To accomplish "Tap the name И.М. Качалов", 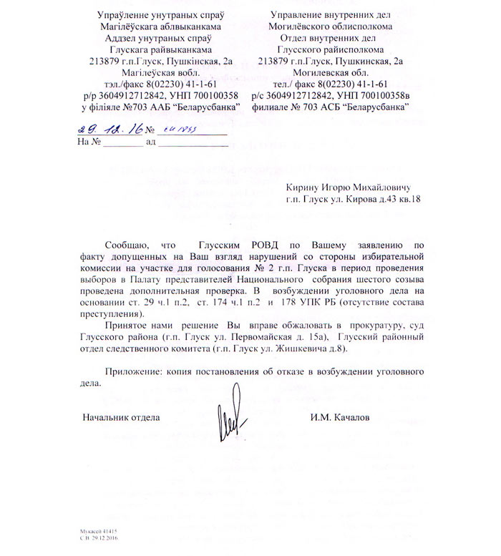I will pyautogui.click(x=340, y=417).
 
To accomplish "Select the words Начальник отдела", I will pyautogui.click(x=121, y=417).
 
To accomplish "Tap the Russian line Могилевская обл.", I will pyautogui.click(x=330, y=72).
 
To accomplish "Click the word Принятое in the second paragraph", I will pyautogui.click(x=127, y=326).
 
